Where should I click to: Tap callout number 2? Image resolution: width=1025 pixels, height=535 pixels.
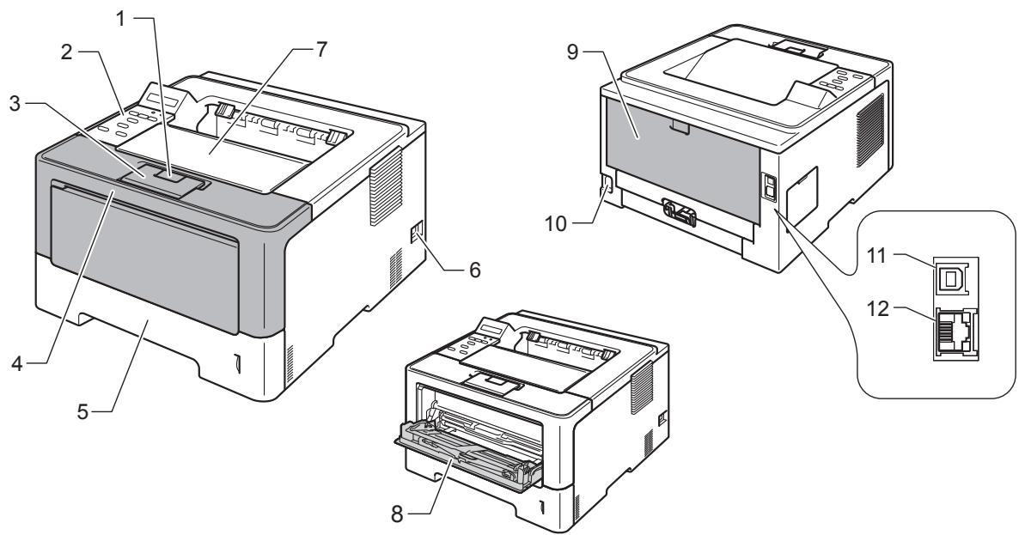pos(67,52)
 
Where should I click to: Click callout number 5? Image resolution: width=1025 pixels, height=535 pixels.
pos(82,413)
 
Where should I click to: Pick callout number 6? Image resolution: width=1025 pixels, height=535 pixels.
pos(474,269)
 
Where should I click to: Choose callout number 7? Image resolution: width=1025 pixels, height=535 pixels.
pos(321,51)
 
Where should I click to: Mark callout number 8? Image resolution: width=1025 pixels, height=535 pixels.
pos(398,514)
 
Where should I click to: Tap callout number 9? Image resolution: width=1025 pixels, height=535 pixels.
pos(573,52)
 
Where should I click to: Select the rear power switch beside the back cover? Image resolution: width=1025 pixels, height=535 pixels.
pos(769,187)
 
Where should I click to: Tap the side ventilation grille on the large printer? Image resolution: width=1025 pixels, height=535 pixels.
pos(384,187)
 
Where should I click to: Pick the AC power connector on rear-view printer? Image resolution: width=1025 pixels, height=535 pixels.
pos(606,187)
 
